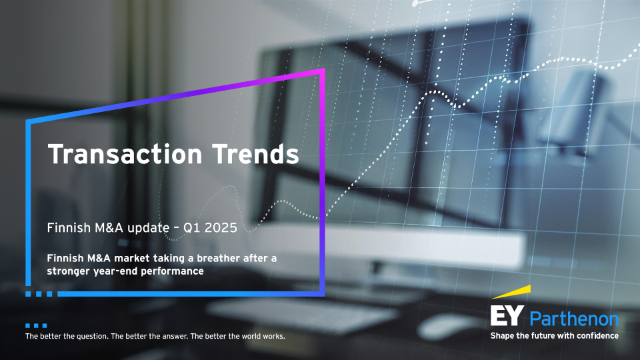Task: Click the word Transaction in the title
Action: point(125,154)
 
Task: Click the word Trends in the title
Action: point(255,154)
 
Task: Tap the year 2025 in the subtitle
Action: point(221,228)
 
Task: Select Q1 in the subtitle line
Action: point(191,228)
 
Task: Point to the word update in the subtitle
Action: point(148,228)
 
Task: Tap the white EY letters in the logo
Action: point(507,315)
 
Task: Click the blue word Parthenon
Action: point(574,319)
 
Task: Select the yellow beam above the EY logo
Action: point(512,291)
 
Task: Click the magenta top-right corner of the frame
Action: point(323,70)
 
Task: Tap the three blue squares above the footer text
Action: point(36,326)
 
